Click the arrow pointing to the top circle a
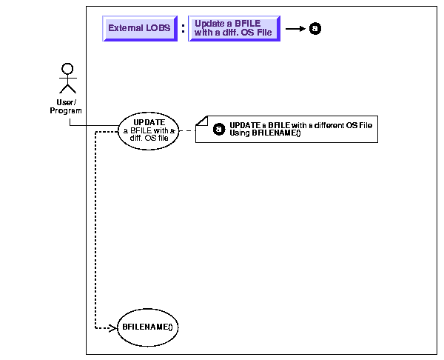tap(295, 29)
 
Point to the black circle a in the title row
tap(314, 29)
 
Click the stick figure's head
tap(67, 69)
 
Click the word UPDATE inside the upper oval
tap(149, 122)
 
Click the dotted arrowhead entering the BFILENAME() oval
tap(113, 326)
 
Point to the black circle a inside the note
tap(218, 129)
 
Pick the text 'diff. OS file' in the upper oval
tap(149, 139)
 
